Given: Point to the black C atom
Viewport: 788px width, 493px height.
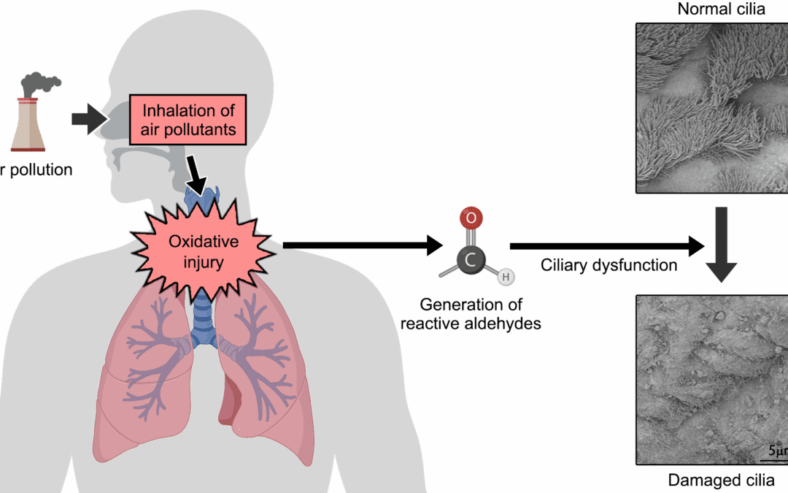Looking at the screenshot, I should point(470,259).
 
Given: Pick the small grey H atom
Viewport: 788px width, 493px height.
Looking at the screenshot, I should point(504,277).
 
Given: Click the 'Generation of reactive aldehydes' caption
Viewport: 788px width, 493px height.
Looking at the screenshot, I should point(471,314).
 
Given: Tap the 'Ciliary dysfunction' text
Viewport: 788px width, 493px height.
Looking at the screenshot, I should point(609,265).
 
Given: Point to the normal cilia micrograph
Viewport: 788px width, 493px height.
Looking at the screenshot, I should point(711,107).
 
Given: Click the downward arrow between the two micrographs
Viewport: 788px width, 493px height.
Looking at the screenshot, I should point(721,245).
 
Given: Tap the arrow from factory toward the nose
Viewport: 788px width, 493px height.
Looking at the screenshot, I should point(89,119).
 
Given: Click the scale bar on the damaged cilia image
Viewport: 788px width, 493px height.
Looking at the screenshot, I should point(775,457).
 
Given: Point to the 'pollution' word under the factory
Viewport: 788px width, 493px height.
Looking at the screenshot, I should point(39,170).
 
